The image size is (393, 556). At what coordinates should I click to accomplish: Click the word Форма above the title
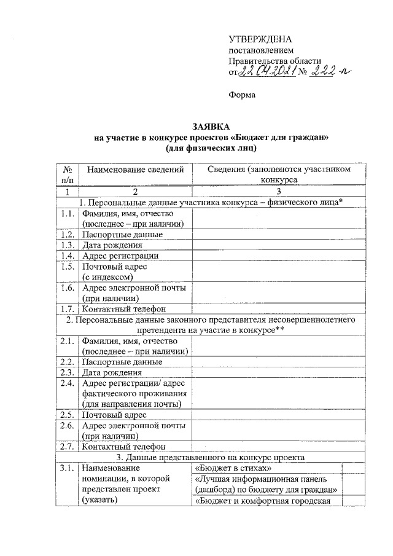tap(241, 96)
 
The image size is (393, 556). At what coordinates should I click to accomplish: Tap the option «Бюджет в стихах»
tap(233, 468)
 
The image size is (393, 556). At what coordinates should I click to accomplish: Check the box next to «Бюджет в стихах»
tap(351, 468)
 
